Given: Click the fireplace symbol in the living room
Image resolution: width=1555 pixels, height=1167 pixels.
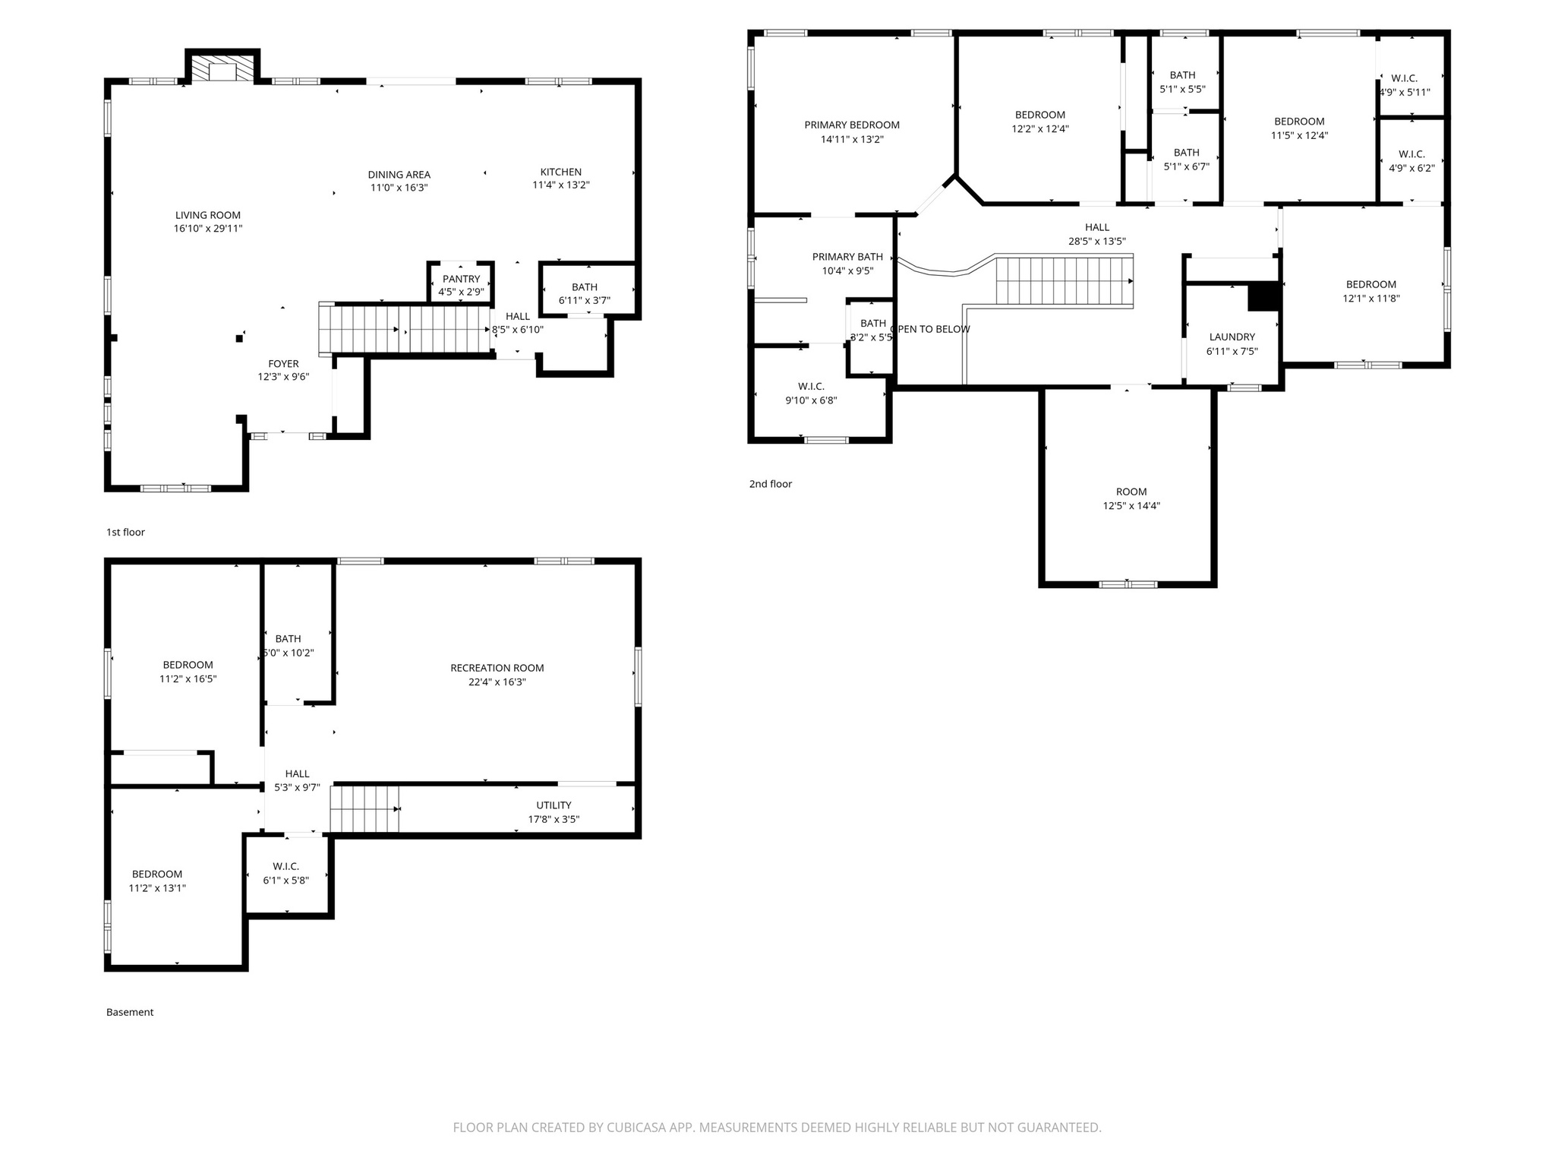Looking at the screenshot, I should [x=222, y=68].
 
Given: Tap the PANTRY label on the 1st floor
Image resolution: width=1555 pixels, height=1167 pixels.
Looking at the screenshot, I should [x=461, y=279].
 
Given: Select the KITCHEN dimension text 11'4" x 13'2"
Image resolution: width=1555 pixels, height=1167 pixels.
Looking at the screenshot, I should [x=560, y=185].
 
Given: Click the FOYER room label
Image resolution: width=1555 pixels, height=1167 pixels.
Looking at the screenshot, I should [x=283, y=364].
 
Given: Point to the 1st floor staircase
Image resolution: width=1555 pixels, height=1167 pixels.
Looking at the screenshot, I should [x=406, y=329].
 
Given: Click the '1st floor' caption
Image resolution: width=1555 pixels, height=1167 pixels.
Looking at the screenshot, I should [x=125, y=533].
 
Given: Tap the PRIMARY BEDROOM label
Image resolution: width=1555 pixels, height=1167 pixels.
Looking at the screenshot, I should [x=852, y=125].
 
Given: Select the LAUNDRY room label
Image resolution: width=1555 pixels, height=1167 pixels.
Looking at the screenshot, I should [x=1232, y=337].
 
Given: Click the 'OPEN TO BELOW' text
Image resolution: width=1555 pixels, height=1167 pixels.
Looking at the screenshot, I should [x=931, y=330].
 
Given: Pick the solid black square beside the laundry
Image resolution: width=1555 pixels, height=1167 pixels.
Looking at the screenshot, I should [x=1263, y=296].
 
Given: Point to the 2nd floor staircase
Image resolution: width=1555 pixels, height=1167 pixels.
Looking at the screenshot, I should [x=1063, y=281].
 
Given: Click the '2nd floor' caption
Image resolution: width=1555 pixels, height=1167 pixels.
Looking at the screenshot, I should [x=770, y=484].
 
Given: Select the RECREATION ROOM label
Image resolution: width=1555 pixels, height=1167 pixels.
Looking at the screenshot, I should [x=497, y=669].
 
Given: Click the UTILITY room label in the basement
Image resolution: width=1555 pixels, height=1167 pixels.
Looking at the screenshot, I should [x=554, y=805].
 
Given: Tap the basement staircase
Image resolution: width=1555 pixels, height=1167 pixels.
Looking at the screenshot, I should [x=364, y=809].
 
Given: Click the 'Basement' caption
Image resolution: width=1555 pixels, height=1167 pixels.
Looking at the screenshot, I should [x=130, y=1012].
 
